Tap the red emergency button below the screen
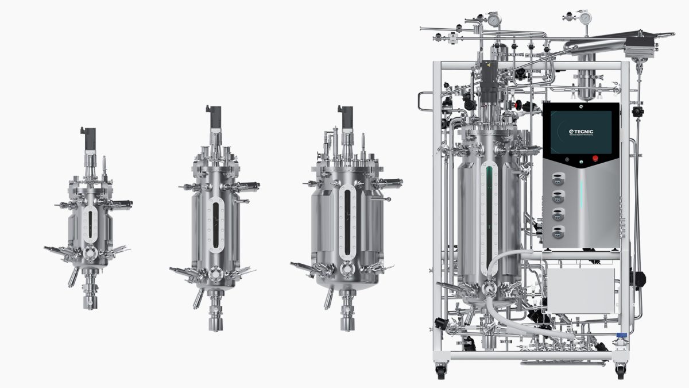click(595, 159)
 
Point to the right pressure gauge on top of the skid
click(585, 18)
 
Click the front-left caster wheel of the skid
click(441, 371)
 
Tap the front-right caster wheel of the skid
click(620, 371)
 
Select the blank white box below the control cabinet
click(581, 290)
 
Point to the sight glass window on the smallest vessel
click(90, 224)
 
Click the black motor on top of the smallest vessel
click(88, 139)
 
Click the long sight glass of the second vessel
click(215, 225)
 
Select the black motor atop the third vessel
click(346, 117)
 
